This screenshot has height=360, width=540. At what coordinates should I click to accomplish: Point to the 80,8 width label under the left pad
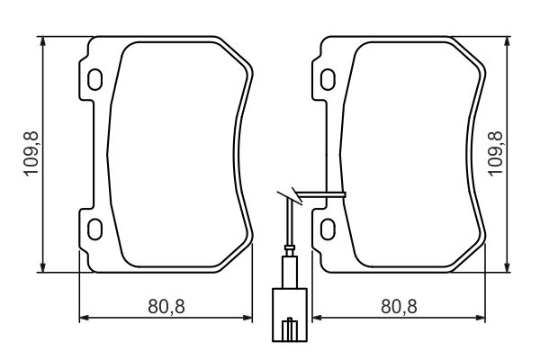(x=166, y=307)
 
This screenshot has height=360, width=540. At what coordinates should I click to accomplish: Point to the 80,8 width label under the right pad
(x=398, y=307)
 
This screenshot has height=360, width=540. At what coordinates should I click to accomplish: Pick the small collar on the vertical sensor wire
(x=289, y=250)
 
